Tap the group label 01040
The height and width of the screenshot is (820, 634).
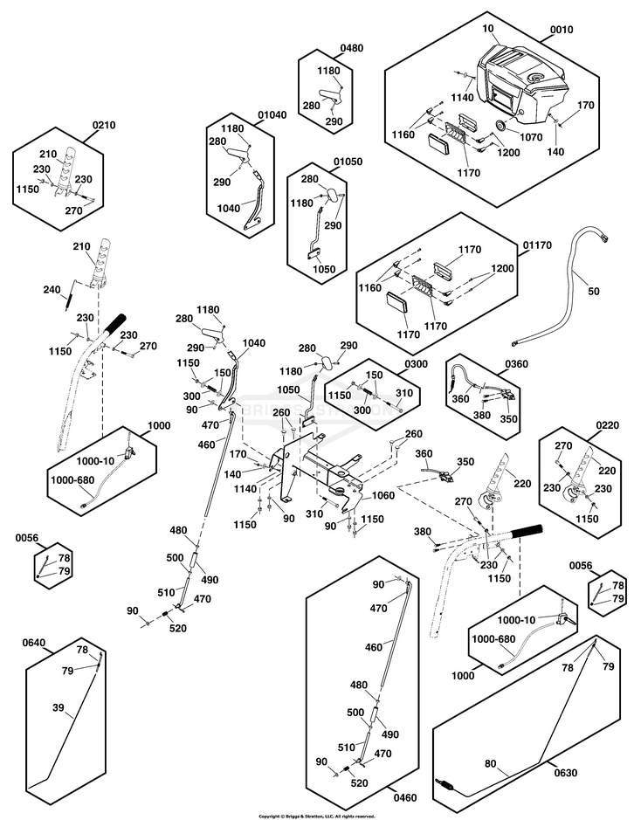pos(272,114)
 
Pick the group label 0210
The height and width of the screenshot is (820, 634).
pos(104,126)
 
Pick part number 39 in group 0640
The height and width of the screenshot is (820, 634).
pos(58,706)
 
